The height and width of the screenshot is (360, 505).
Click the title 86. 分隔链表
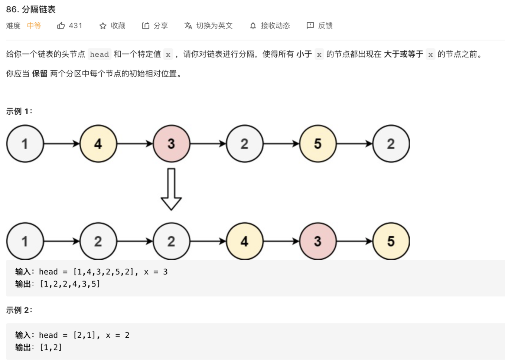[x=31, y=9]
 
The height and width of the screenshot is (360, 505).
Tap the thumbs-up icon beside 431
[x=61, y=26]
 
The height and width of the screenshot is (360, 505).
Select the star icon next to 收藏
[x=103, y=26]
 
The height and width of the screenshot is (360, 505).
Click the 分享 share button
[x=155, y=26]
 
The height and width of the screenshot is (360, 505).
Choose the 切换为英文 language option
[x=209, y=26]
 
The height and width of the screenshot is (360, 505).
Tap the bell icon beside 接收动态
[x=253, y=26]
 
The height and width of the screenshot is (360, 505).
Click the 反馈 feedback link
[x=320, y=26]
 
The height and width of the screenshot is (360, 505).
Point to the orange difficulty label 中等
[x=34, y=26]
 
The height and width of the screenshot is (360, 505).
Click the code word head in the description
[x=99, y=55]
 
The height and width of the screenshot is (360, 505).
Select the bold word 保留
[x=40, y=73]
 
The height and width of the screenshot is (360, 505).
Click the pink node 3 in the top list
[x=171, y=144]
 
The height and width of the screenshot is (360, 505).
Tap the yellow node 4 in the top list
[x=98, y=144]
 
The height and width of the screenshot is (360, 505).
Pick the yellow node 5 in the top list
[x=317, y=144]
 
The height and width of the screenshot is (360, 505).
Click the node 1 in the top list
[x=25, y=144]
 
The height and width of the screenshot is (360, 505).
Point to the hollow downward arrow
[x=171, y=189]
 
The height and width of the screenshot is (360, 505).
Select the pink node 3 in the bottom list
[x=317, y=241]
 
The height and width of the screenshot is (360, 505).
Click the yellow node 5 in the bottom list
[x=391, y=241]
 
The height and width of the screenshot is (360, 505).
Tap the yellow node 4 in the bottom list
[x=244, y=241]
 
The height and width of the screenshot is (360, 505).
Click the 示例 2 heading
[x=19, y=310]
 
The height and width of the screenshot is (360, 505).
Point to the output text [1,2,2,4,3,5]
[x=70, y=284]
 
